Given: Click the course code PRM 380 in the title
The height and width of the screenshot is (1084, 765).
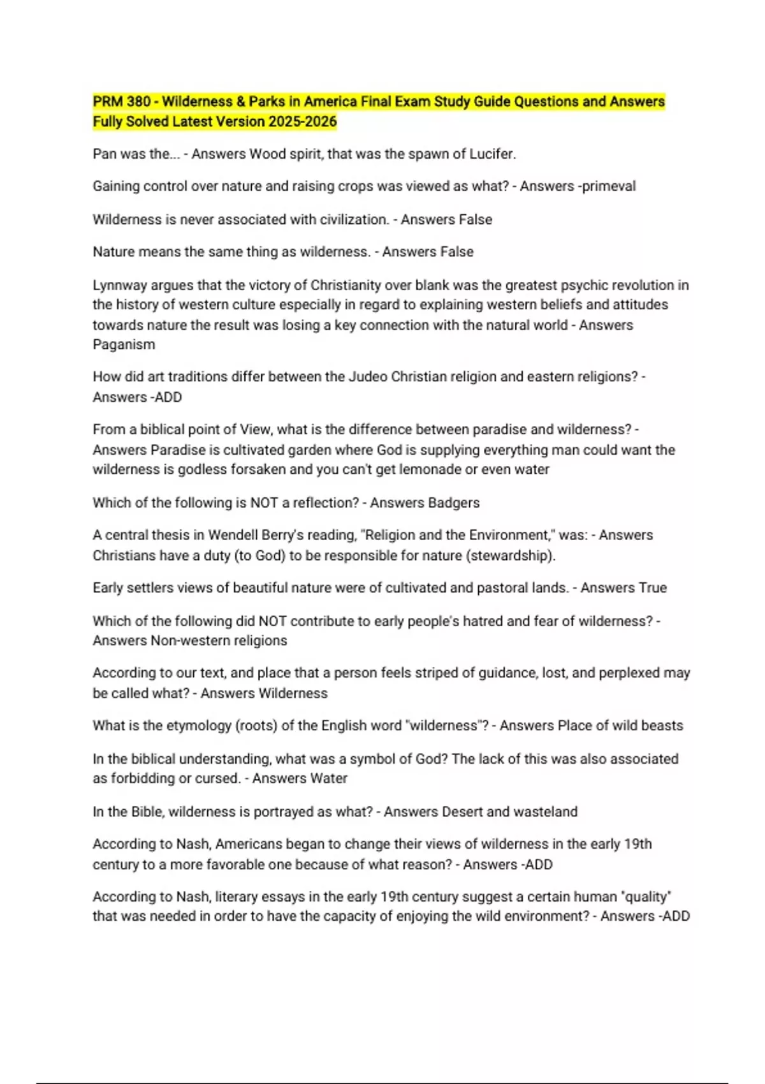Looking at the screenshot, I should coord(122,101).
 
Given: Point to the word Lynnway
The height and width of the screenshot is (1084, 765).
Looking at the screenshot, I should coord(119,285).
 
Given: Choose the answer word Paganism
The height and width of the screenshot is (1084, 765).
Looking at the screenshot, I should coord(124,344).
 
